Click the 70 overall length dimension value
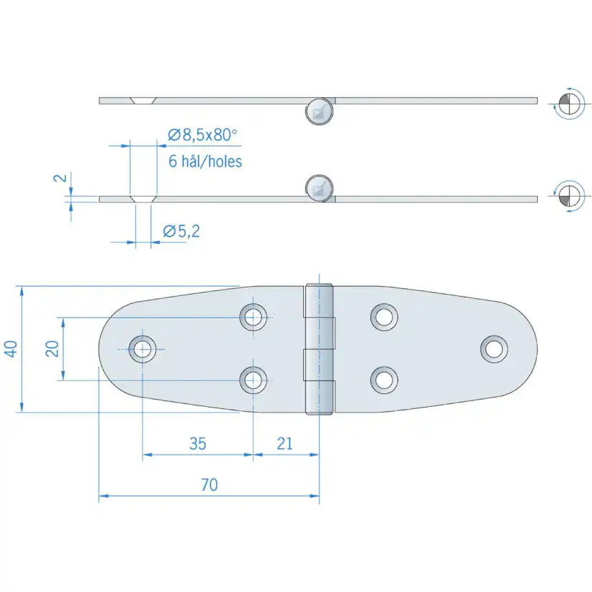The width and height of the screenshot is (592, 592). click(x=209, y=485)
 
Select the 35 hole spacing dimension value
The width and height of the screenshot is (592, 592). click(x=197, y=443)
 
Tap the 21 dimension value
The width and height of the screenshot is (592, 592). click(x=285, y=443)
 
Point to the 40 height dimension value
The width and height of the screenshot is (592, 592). click(x=10, y=348)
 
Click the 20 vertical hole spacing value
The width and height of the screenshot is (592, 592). click(x=51, y=349)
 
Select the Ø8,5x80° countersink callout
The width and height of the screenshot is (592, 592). click(x=202, y=134)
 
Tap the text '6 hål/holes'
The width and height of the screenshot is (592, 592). click(x=205, y=161)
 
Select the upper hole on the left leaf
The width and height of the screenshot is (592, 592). click(x=252, y=316)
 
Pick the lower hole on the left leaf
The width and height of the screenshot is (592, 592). click(x=252, y=380)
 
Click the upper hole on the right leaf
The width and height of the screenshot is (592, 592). click(x=385, y=316)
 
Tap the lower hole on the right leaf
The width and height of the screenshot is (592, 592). click(x=385, y=380)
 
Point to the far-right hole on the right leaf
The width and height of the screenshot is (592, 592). click(x=493, y=348)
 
